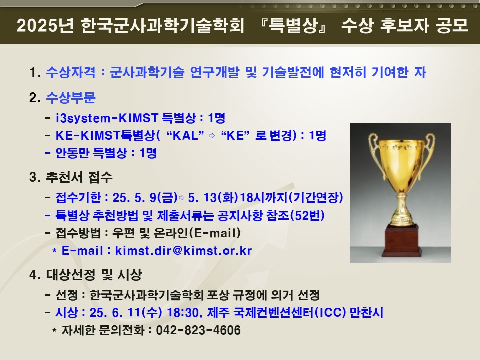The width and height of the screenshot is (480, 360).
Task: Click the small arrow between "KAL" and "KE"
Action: pyautogui.click(x=211, y=136)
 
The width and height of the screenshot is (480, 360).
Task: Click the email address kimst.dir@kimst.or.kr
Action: pyautogui.click(x=183, y=251)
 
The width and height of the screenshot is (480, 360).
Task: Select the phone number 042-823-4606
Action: pyautogui.click(x=198, y=330)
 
